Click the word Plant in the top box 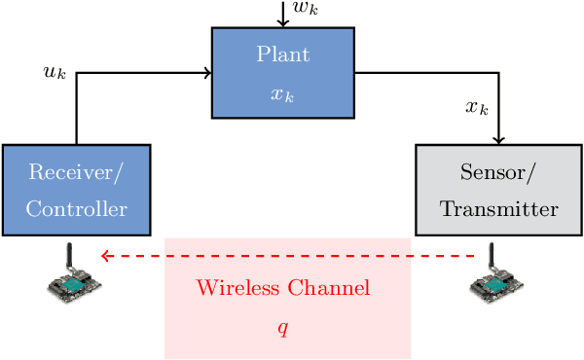coord(282,54)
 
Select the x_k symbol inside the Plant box coord(282,95)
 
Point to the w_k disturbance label coord(306,10)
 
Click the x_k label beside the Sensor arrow coord(476,107)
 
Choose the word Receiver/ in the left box coord(76,173)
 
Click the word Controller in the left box coord(76,209)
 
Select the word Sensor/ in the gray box coord(498,173)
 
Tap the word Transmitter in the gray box coord(498,209)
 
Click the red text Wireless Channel coord(282,289)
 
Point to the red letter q coord(282,328)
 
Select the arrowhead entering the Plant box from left coord(207,72)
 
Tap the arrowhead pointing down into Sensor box coord(498,140)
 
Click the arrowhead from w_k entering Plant coord(282,22)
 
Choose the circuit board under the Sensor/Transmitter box coord(497,283)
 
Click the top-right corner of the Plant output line coord(498,72)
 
